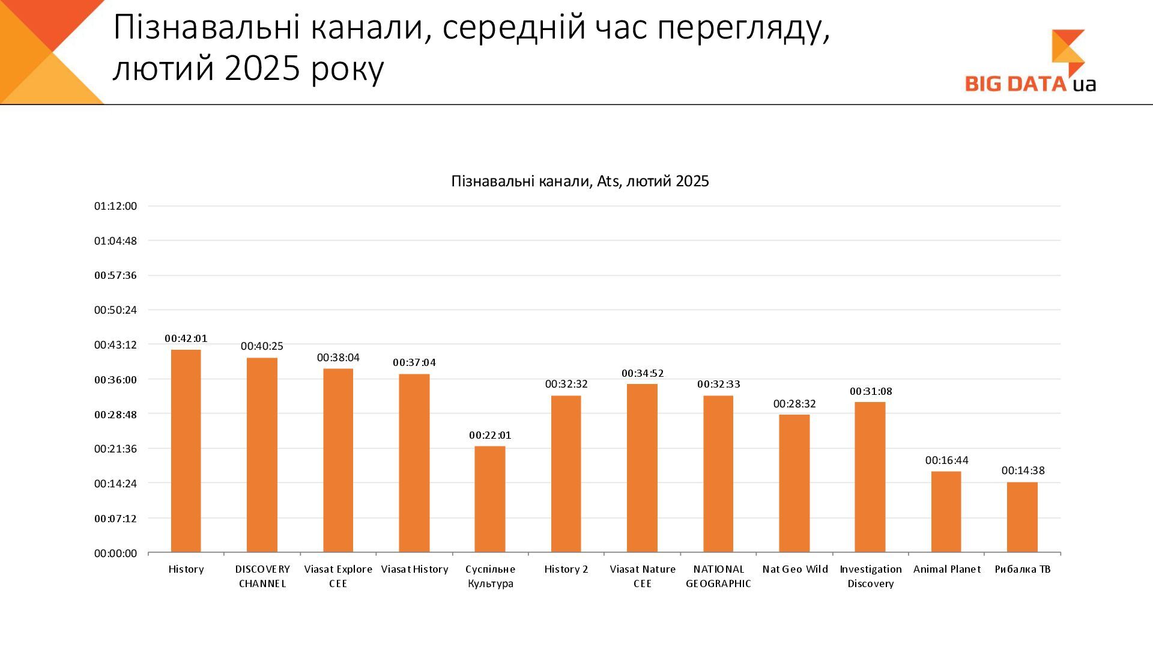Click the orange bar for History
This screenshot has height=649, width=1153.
(x=186, y=451)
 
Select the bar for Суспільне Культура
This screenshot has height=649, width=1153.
(x=490, y=499)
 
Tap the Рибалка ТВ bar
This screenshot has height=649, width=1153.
(x=1022, y=517)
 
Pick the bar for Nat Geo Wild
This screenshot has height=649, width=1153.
(x=794, y=483)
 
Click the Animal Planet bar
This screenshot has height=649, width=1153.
(x=946, y=511)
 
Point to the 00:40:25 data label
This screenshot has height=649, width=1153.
(x=262, y=346)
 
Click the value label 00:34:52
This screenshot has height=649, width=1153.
(x=643, y=373)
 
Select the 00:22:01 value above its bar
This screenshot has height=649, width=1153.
(x=490, y=435)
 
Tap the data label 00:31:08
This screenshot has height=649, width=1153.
(x=871, y=391)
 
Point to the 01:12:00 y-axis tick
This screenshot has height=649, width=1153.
(x=115, y=206)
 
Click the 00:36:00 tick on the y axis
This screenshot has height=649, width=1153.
(x=115, y=380)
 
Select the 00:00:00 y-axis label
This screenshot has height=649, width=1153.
(x=115, y=553)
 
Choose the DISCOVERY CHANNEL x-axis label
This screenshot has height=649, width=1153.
(x=262, y=576)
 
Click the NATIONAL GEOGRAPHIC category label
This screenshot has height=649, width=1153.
(x=718, y=576)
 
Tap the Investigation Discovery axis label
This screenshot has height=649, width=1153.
(x=871, y=576)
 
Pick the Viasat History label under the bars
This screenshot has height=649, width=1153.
(x=414, y=569)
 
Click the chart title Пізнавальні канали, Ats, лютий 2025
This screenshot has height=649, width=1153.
(x=580, y=181)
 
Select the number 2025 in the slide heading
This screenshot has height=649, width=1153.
(x=262, y=69)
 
